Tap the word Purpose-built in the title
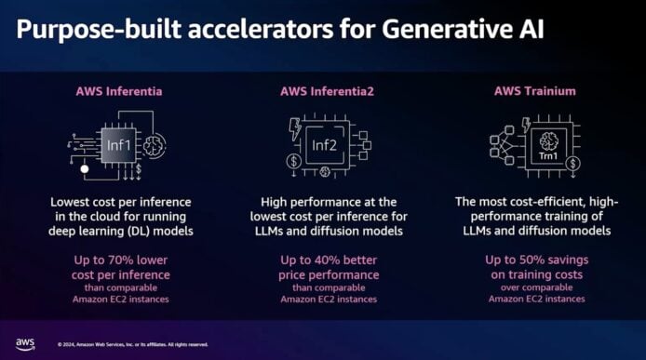tap(99, 30)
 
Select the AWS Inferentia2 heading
tap(327, 91)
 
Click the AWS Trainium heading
tap(534, 91)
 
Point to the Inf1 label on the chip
tap(118, 145)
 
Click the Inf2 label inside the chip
tap(324, 145)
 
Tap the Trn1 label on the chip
tap(548, 156)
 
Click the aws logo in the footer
tap(25, 344)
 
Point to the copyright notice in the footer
tap(133, 344)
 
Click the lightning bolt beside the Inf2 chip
tap(295, 128)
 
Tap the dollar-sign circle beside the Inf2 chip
tap(294, 161)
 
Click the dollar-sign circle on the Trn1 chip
tap(572, 164)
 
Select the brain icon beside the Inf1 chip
tap(155, 145)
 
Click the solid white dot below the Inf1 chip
tap(85, 169)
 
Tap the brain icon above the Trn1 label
tap(548, 140)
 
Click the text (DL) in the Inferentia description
tap(140, 231)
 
